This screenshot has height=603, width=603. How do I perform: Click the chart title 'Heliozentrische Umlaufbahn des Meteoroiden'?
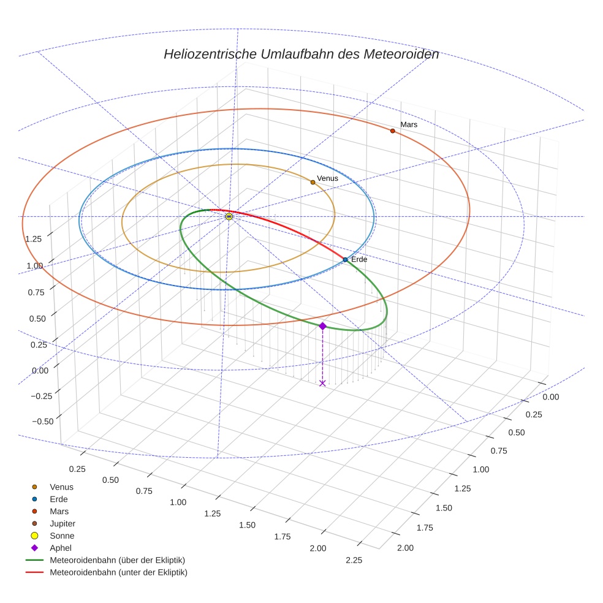(301, 54)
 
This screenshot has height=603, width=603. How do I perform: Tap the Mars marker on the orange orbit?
(392, 131)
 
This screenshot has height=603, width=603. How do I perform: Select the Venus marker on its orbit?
(313, 182)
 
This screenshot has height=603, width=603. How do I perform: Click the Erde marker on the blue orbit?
(345, 260)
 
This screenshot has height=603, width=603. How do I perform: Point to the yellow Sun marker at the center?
(229, 216)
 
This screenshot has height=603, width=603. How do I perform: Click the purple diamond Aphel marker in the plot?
(322, 326)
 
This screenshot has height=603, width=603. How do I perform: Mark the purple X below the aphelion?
(322, 384)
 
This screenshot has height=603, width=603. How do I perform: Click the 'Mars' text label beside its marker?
(409, 124)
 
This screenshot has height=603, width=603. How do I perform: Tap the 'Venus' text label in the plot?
(327, 178)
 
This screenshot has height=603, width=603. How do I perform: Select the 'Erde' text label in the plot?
(359, 260)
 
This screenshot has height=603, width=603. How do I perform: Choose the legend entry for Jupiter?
(62, 523)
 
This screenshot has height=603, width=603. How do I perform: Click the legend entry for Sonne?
(62, 536)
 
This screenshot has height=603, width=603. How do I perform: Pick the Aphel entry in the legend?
(60, 548)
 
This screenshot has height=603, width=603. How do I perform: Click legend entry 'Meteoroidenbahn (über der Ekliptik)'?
(117, 560)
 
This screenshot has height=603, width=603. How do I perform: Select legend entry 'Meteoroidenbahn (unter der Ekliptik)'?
(118, 572)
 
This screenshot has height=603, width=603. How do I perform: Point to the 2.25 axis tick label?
(354, 560)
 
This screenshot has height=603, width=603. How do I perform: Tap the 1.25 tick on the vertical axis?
(34, 238)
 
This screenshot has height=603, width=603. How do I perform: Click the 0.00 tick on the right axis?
(551, 396)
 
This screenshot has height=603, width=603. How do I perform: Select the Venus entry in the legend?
(61, 487)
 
